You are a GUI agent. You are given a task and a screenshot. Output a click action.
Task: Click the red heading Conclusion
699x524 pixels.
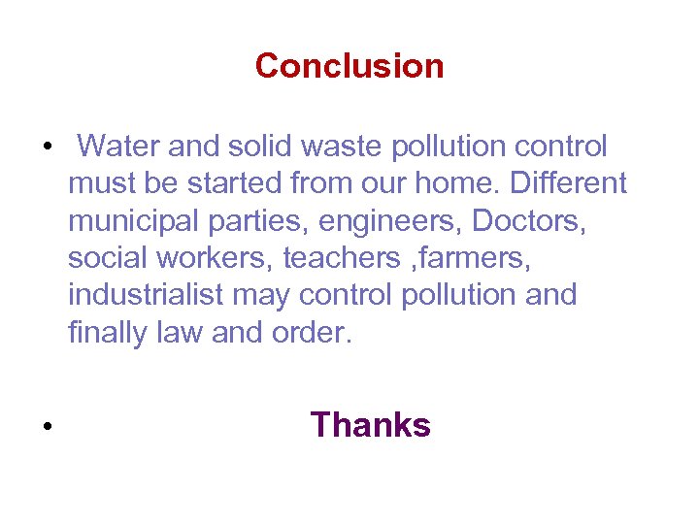(349, 66)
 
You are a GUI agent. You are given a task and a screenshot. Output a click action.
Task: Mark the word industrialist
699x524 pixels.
(146, 294)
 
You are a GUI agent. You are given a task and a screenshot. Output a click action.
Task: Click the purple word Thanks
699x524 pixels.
(370, 425)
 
